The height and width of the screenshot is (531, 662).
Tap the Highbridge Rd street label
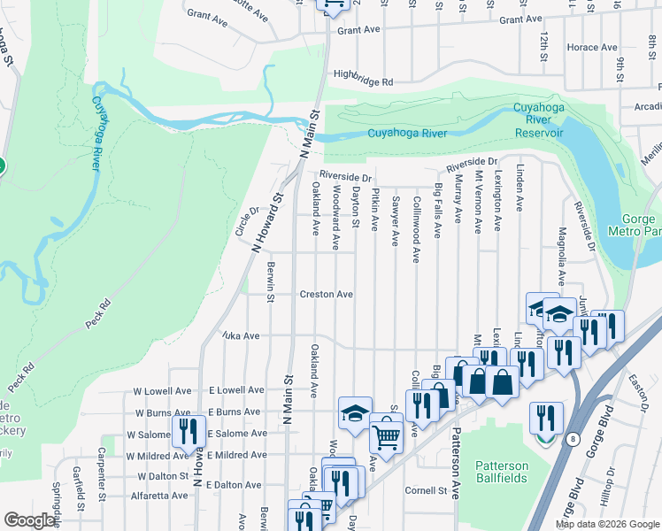[x=363, y=80]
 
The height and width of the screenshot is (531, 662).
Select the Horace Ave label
[x=592, y=47]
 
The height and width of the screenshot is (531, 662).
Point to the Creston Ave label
[x=326, y=294]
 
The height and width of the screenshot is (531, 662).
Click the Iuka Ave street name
[x=239, y=336]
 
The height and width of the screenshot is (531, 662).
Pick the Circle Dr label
[x=243, y=221]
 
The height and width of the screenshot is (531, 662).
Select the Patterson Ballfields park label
[x=502, y=472]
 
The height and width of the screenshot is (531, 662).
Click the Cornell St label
[x=427, y=490]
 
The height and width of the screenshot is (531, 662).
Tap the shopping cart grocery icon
[x=386, y=435]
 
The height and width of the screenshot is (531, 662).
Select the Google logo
[x=30, y=520]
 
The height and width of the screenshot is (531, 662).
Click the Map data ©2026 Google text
[x=606, y=524]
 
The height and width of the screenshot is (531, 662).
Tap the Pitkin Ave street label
[x=375, y=209]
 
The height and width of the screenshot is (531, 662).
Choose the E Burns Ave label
[x=235, y=412]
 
